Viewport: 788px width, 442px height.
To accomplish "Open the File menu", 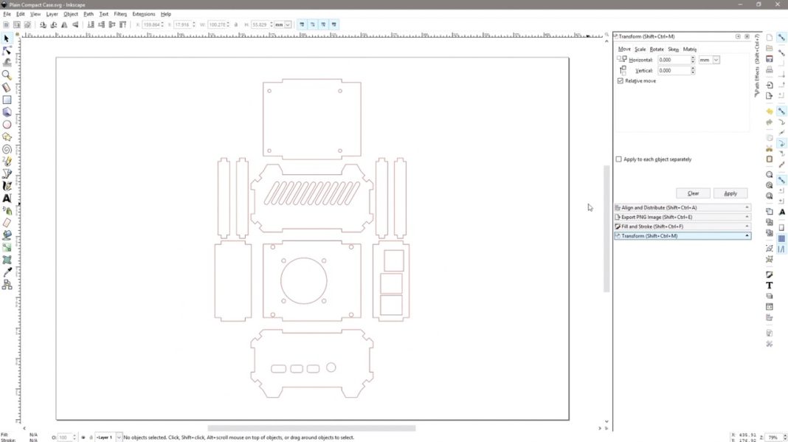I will pyautogui.click(x=7, y=14).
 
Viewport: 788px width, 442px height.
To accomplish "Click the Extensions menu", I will pyautogui.click(x=143, y=14).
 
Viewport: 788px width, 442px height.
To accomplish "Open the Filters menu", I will pyautogui.click(x=120, y=14).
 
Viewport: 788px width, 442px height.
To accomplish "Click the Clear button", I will pyautogui.click(x=693, y=193).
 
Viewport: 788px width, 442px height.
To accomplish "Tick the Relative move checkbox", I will pyautogui.click(x=620, y=80).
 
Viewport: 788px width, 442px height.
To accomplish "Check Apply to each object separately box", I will pyautogui.click(x=618, y=159).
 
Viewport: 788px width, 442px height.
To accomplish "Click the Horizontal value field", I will pyautogui.click(x=674, y=60).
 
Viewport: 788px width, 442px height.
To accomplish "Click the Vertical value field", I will pyautogui.click(x=674, y=71).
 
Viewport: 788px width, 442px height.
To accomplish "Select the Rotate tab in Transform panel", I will pyautogui.click(x=657, y=49).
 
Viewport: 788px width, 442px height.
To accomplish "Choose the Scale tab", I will pyautogui.click(x=640, y=49).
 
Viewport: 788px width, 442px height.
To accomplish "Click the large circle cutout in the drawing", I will pyautogui.click(x=303, y=280).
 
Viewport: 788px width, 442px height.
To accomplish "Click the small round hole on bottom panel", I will pyautogui.click(x=331, y=367).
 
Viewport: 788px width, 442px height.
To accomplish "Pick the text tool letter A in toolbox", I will pyautogui.click(x=7, y=198).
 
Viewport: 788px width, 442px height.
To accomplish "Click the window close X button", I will pyautogui.click(x=777, y=4).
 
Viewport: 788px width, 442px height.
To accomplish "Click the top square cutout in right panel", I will pyautogui.click(x=393, y=260).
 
